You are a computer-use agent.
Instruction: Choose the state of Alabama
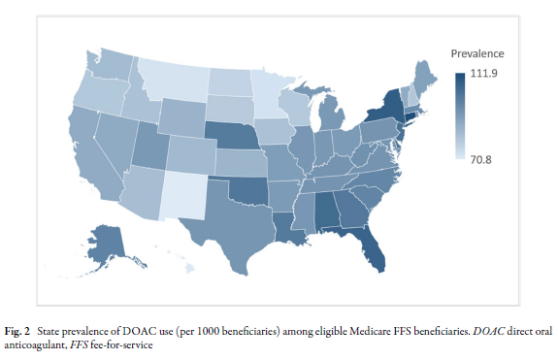[330, 208]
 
